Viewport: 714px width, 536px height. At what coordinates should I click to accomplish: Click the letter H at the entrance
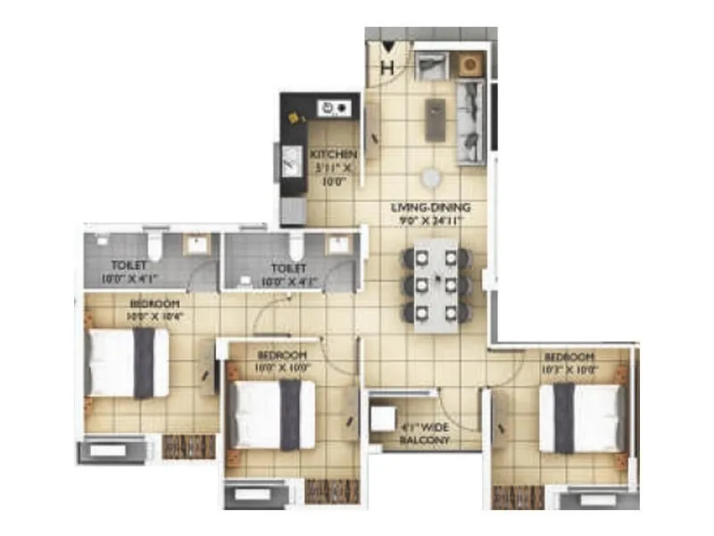coord(387,67)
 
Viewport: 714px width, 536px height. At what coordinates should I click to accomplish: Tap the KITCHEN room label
coord(334,155)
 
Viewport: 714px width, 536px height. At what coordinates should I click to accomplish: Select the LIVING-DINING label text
coord(430,208)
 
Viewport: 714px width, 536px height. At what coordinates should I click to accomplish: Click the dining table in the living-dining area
coord(436,284)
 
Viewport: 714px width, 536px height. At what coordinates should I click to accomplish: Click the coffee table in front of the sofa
coord(435,120)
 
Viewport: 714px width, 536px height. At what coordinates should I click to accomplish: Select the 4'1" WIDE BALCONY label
coord(426,433)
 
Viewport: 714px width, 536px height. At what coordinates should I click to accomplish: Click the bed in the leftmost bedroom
coord(129,362)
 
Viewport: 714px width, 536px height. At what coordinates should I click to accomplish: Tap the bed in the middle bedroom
coord(272,415)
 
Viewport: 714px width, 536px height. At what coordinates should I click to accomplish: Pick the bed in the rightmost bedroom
coord(581,417)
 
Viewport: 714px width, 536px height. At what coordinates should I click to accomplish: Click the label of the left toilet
coord(130,265)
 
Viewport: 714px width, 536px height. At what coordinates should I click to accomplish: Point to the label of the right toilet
coord(287,268)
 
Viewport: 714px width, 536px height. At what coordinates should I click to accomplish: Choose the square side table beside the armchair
coord(469,64)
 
